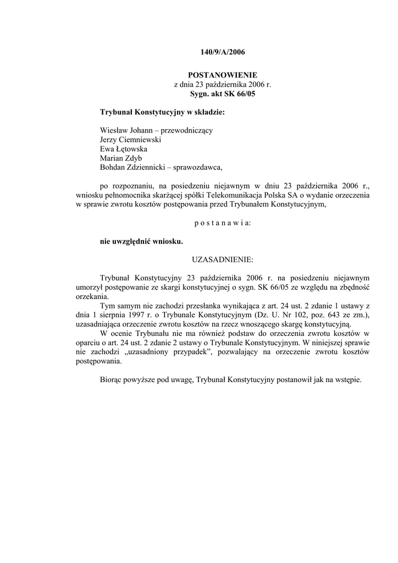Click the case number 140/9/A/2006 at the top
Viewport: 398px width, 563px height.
pos(222,53)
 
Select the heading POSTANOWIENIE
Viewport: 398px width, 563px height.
pos(222,74)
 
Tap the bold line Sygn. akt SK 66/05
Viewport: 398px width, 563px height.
pos(223,94)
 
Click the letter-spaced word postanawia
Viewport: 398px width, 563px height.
pos(222,223)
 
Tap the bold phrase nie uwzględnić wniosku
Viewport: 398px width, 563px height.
pos(141,241)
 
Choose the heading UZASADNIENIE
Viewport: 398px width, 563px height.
pos(222,259)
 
